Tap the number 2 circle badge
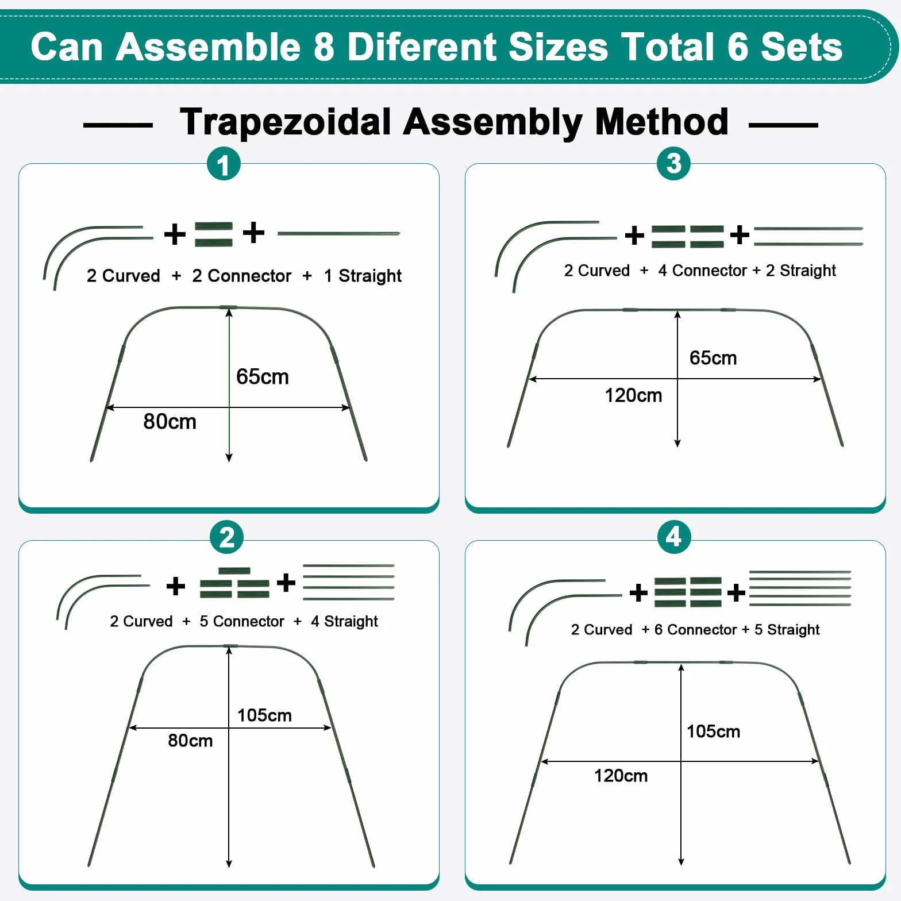(x=227, y=537)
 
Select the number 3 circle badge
(x=673, y=163)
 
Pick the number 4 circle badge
(x=674, y=537)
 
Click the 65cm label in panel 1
(x=263, y=377)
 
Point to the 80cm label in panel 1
(x=170, y=422)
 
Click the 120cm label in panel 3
(x=633, y=395)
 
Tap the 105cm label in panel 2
(x=264, y=715)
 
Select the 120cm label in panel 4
(x=621, y=776)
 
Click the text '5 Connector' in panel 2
(x=242, y=622)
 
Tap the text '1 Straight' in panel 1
(x=363, y=276)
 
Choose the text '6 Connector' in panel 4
(x=695, y=630)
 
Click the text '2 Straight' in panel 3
(x=801, y=271)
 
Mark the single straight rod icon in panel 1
(x=338, y=233)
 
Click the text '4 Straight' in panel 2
(x=344, y=622)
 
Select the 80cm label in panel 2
(x=190, y=741)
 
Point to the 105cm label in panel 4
(x=713, y=731)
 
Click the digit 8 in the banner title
(x=324, y=47)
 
